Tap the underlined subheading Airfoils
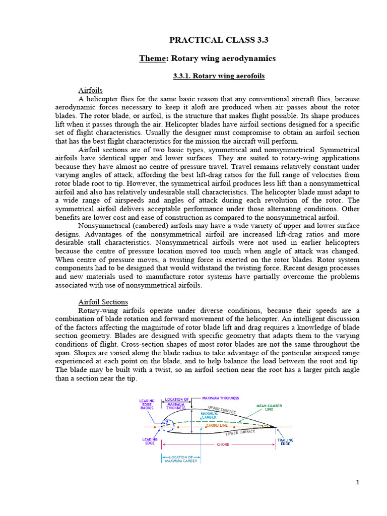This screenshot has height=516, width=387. (91, 90)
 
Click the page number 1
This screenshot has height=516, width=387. (358, 482)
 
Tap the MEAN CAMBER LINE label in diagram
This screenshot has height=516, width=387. (269, 407)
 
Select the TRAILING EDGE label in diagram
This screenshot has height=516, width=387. (285, 442)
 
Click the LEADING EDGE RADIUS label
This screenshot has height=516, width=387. (146, 405)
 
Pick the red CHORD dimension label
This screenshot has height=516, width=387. (223, 444)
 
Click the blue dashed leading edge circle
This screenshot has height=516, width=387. (167, 427)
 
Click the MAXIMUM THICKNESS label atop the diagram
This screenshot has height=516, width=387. (221, 399)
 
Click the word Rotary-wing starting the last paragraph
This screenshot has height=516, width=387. (100, 311)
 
